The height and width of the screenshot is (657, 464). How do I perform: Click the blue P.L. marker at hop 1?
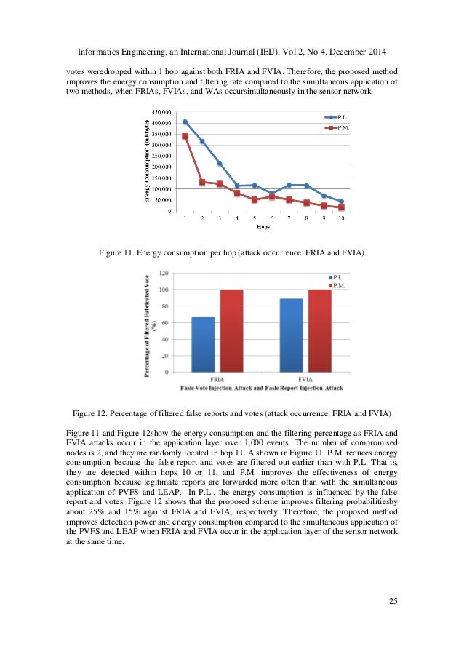point(185,122)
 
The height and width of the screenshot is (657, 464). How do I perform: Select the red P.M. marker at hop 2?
point(202,182)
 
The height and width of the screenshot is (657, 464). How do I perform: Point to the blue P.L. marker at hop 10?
point(341,202)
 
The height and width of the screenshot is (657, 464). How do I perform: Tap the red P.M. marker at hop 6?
point(272,196)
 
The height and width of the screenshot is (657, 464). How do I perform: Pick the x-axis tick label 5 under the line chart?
point(254,218)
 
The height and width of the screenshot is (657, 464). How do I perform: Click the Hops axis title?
point(263,226)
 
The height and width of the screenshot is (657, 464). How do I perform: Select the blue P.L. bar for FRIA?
point(203,344)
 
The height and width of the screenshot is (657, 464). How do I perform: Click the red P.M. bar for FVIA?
point(319,330)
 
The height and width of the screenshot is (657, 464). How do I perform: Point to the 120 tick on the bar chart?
point(164,274)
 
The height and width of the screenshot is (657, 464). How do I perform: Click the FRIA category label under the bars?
point(217,379)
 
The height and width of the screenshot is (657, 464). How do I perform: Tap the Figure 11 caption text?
point(231,252)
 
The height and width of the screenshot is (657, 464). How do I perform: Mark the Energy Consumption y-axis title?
point(148,161)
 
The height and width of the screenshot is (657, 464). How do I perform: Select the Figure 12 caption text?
point(231,412)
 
